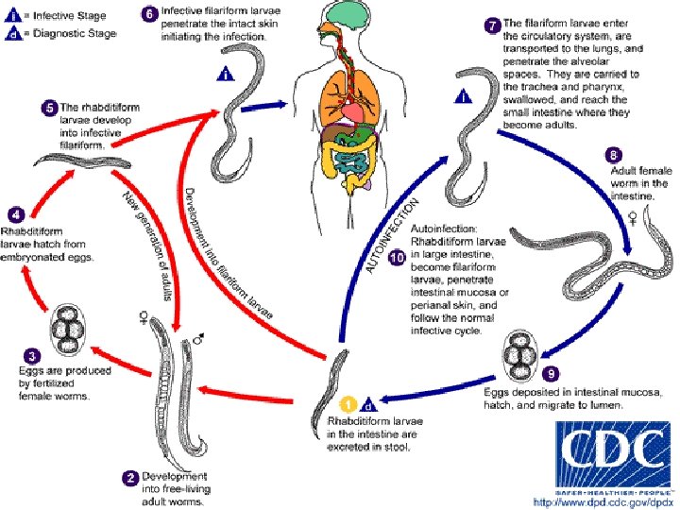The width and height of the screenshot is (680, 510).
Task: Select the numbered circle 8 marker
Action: coord(615,155)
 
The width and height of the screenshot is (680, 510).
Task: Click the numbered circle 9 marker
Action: coord(552,373)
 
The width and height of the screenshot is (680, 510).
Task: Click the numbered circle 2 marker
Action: coord(130,477)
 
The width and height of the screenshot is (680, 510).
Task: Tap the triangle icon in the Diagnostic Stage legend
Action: coord(12,34)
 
